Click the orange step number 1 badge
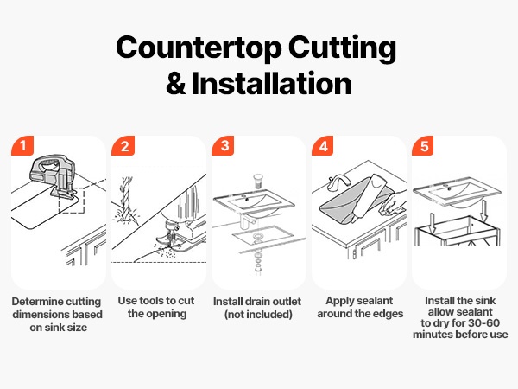(22, 145)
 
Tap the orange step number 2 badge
(123, 145)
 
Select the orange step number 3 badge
(223, 145)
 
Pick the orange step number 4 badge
(323, 145)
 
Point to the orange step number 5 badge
(423, 145)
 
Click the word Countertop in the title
(199, 48)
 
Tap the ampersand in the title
(176, 84)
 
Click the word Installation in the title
(272, 83)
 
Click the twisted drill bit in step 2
(127, 201)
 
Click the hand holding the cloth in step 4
(394, 202)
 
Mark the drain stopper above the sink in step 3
(258, 182)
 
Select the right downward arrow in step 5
(484, 210)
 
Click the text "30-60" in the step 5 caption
(483, 323)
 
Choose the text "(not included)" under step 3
(258, 315)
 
